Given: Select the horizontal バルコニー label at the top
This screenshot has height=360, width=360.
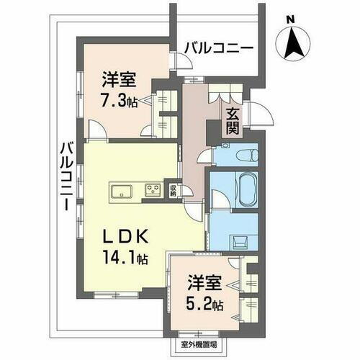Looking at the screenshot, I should click(x=218, y=48).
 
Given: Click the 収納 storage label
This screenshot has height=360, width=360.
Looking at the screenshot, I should click(x=174, y=191).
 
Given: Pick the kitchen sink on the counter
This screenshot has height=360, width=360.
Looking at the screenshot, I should click(x=120, y=191).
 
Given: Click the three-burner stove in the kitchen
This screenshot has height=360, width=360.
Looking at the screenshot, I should click(x=153, y=191).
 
